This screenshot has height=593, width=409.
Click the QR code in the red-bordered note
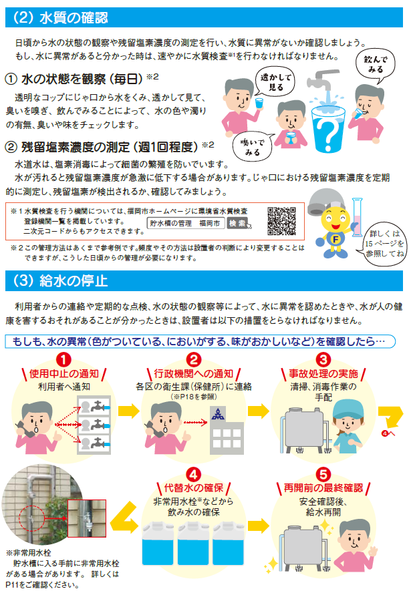[x=281, y=221]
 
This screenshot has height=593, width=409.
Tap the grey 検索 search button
[x=237, y=223]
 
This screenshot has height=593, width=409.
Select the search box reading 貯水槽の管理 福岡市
[x=185, y=223]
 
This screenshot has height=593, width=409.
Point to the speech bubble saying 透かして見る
[x=275, y=81]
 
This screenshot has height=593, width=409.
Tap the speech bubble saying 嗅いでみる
[x=253, y=148]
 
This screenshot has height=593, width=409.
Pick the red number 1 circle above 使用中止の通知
[x=63, y=359]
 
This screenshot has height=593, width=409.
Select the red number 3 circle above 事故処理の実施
[x=323, y=359]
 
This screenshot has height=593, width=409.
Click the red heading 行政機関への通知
[x=193, y=374]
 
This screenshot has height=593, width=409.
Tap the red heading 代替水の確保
[x=193, y=488]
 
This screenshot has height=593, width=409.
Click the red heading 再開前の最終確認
[x=323, y=488]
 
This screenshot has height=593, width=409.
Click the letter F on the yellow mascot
[x=335, y=239]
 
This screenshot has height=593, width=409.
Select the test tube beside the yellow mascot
[x=357, y=218]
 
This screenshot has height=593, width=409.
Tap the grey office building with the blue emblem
[x=227, y=431]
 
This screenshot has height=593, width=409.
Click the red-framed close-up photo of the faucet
[x=87, y=518]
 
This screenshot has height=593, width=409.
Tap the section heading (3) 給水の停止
[x=61, y=281]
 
